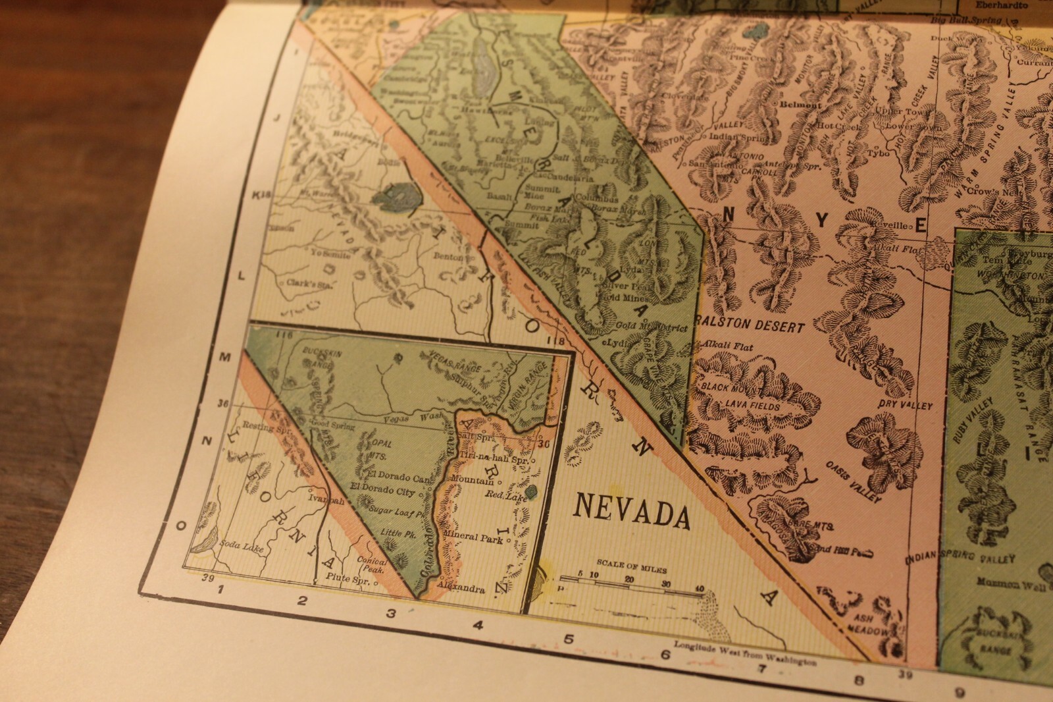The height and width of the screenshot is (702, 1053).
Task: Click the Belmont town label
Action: (801, 105)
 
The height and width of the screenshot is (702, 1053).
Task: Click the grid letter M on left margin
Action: (224, 357)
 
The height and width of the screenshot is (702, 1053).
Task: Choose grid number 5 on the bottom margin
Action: (569, 639)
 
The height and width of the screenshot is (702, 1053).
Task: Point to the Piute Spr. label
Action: (349, 581)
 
